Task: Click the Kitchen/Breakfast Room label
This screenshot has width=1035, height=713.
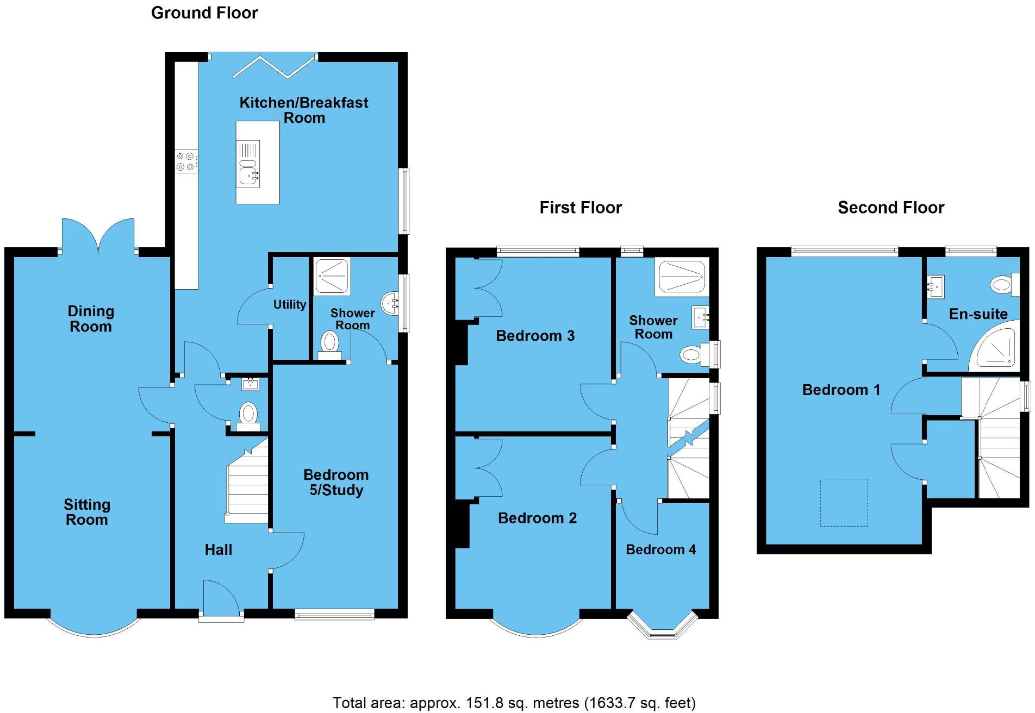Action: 304,110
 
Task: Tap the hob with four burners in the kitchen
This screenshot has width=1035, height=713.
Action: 185,161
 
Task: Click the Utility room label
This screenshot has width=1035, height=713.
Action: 289,304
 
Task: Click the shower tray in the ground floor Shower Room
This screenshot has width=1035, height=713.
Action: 333,276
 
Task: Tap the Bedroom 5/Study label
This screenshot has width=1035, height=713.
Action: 336,482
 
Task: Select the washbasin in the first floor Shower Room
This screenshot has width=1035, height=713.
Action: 700,317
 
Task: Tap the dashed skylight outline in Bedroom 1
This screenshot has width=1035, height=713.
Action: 844,502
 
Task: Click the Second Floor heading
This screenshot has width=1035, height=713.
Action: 890,208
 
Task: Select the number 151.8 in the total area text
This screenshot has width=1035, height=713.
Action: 484,703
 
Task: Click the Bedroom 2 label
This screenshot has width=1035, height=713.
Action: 537,518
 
